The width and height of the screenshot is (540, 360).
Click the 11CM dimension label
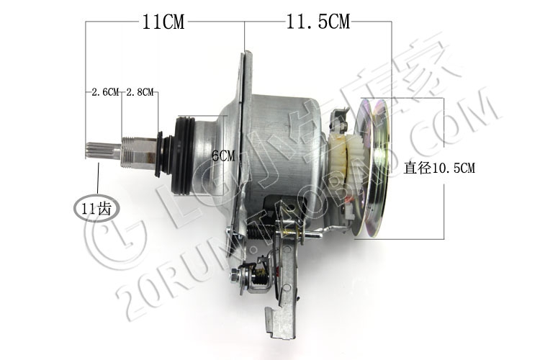click(x=162, y=22)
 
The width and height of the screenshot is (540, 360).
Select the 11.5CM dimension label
click(x=318, y=22)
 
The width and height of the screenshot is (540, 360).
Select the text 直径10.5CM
click(x=439, y=168)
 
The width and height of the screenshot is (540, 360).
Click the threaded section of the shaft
click(x=129, y=150)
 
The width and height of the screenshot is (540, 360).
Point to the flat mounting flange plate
click(x=245, y=130)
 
